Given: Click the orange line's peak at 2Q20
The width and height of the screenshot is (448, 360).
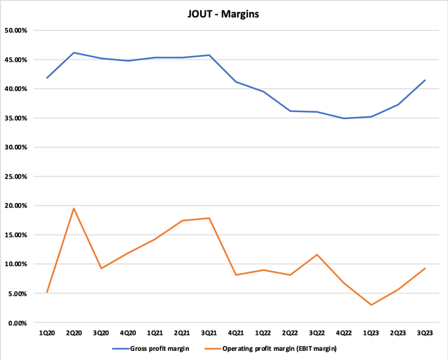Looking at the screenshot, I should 74,208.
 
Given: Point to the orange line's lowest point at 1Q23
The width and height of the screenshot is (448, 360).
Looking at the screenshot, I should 370,305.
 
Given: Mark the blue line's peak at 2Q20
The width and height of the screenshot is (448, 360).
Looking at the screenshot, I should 74,53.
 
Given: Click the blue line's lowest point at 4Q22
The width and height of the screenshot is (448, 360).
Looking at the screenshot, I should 344,118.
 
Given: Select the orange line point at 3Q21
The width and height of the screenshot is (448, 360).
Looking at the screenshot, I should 209,218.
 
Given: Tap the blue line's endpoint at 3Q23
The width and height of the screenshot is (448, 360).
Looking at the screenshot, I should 425,80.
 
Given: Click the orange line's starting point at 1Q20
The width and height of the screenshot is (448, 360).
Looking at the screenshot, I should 47,292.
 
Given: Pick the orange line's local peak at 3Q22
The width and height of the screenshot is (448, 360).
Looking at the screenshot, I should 317,255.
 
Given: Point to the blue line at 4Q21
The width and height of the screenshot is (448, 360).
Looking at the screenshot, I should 236,82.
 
